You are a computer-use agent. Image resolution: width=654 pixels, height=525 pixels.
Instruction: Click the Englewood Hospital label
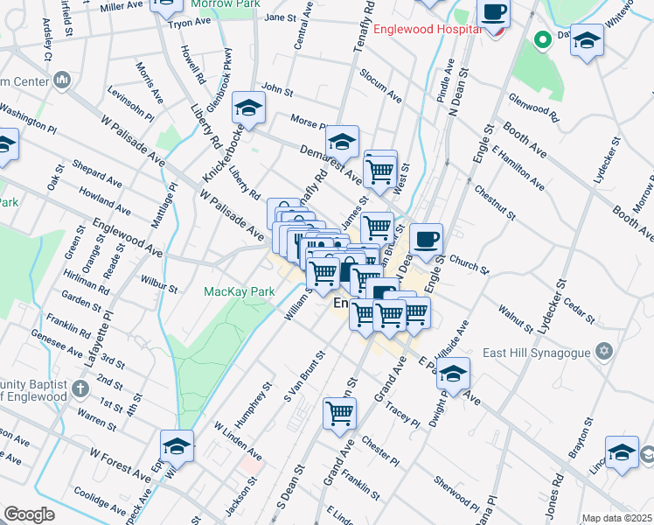pos(426,29)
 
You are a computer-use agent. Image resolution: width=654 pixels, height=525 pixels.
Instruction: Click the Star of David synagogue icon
pos(602,352)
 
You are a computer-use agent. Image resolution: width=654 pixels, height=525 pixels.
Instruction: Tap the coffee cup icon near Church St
pos(426,239)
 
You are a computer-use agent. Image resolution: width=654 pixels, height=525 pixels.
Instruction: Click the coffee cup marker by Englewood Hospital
pos(494,12)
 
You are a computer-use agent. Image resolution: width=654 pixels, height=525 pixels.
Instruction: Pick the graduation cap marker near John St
pos(248,109)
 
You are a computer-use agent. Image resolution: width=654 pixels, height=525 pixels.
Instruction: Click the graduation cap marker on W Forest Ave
pos(177,447)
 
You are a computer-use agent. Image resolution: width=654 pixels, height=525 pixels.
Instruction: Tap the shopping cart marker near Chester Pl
pos(339,414)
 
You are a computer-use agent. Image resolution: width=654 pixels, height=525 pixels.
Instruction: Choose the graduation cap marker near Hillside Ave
pos(452,374)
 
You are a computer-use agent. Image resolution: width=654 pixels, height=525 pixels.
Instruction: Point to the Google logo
pos(29,514)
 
